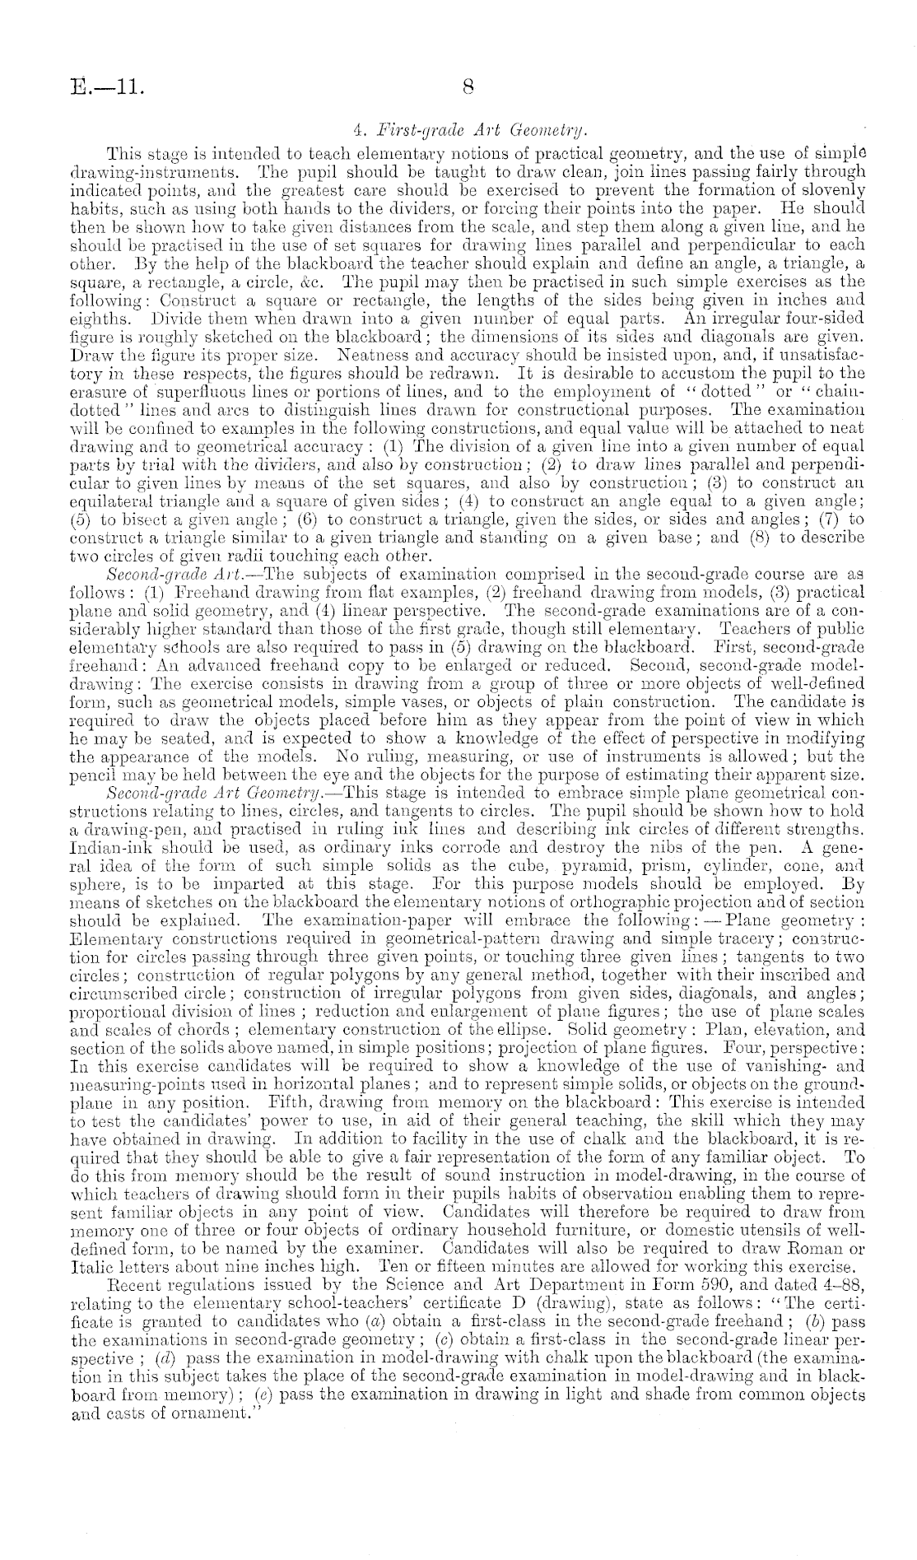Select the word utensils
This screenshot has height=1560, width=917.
[782, 1256]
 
